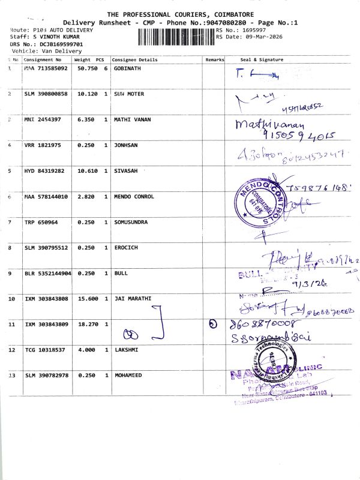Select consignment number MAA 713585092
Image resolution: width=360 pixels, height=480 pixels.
[x=46, y=69]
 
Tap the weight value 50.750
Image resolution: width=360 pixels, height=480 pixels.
[x=85, y=69]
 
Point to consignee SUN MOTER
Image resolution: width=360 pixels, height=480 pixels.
[x=129, y=94]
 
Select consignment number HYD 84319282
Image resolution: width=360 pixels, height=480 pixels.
[x=46, y=171]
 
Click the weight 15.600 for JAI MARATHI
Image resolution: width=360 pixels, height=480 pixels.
[x=85, y=298]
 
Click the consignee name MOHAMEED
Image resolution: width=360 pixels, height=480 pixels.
[x=131, y=375]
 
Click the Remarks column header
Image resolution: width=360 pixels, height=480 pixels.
[x=214, y=60]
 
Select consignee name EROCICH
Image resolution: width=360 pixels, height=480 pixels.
[x=127, y=248]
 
